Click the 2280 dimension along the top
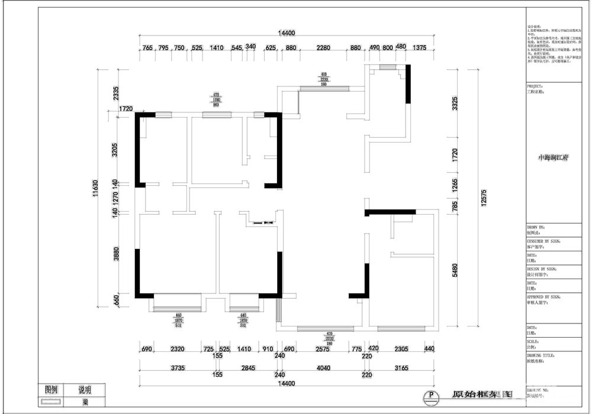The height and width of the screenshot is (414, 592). [x=323, y=48]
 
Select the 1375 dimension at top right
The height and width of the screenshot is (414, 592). [x=420, y=48]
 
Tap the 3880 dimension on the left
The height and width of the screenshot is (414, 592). [x=117, y=254]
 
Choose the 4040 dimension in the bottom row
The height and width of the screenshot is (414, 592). [x=323, y=368]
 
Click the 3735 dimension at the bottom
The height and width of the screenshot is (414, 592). [x=178, y=368]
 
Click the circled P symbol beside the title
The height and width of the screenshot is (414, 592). [x=432, y=396]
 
